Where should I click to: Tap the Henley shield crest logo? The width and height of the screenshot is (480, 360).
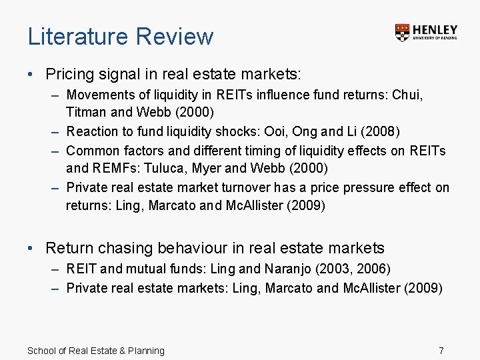coord(402,33)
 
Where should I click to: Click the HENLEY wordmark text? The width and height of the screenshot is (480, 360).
coord(435,30)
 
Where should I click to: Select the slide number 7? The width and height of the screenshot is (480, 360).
coord(441,351)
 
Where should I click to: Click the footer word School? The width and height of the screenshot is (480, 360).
coord(42,351)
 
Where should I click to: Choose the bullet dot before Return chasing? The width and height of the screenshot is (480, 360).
coord(31,249)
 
